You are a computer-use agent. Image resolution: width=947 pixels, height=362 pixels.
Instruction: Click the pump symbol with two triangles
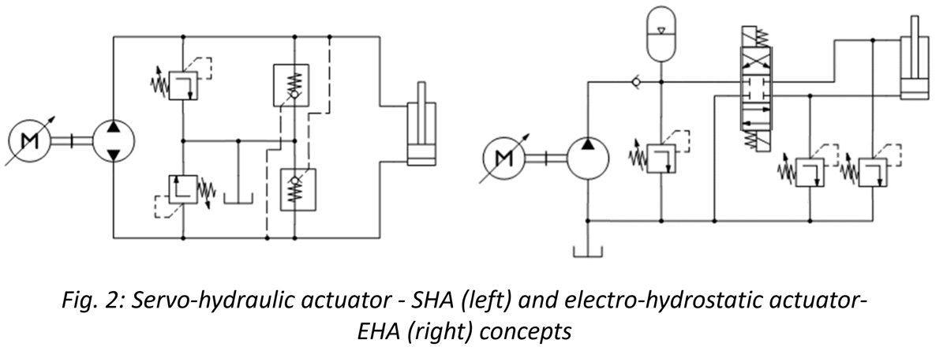coord(114,143)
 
